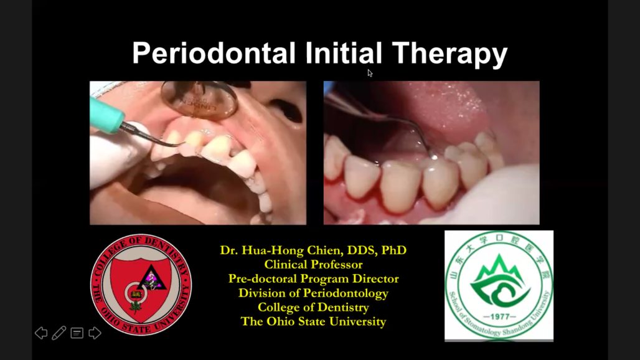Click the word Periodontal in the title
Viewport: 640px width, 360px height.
tap(214, 53)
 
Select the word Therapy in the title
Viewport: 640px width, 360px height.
tap(449, 54)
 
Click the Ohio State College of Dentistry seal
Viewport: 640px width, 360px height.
tap(141, 285)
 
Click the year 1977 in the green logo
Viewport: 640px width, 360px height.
tap(499, 316)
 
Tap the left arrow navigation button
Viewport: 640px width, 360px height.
tap(41, 333)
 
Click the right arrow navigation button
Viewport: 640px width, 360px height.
tap(95, 333)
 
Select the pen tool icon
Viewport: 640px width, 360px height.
tap(59, 333)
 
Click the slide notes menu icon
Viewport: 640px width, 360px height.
tap(77, 333)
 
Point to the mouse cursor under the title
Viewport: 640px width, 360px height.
tap(370, 73)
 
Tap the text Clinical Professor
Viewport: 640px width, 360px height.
tap(314, 265)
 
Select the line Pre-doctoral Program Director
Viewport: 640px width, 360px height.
tap(314, 279)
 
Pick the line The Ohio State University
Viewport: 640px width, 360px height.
tap(314, 321)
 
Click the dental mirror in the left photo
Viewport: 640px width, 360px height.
tap(199, 98)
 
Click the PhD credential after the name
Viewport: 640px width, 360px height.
tap(394, 250)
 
